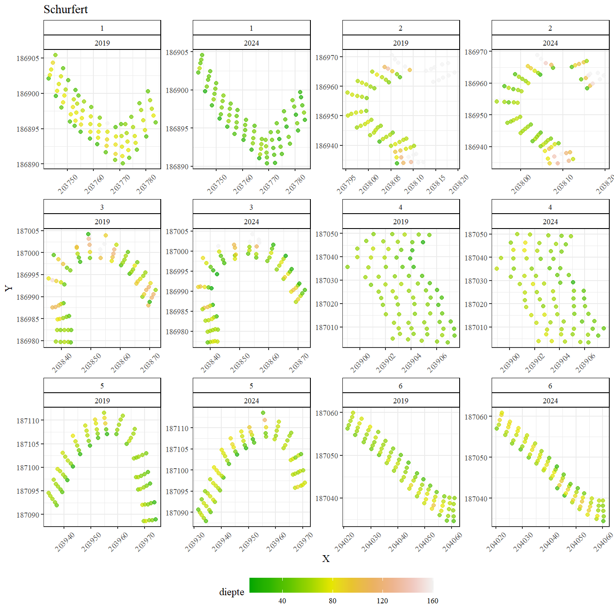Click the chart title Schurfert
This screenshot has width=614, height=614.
[x=66, y=9]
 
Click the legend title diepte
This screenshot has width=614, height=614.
[x=232, y=592]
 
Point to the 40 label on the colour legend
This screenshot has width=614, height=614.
[x=282, y=601]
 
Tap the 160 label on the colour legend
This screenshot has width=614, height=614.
[x=432, y=601]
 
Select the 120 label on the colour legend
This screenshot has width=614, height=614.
[x=382, y=601]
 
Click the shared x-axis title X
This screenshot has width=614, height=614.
[x=326, y=559]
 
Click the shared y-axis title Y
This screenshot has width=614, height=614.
[x=9, y=288]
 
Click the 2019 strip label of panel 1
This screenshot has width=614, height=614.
[x=102, y=43]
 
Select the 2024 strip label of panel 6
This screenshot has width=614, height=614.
[x=550, y=400]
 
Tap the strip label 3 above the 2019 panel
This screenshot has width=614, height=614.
[x=102, y=207]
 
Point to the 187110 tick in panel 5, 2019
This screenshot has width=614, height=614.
[x=28, y=420]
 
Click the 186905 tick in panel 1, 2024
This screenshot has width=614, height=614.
[x=177, y=52]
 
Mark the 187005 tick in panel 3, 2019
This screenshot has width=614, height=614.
[x=28, y=231]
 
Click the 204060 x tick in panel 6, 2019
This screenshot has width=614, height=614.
[x=452, y=542]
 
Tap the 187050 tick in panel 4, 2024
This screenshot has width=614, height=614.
[x=476, y=235]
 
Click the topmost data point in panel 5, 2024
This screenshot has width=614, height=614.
[x=263, y=413]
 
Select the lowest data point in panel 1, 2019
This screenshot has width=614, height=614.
[x=123, y=163]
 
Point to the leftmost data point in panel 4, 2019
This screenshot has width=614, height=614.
[x=348, y=267]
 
